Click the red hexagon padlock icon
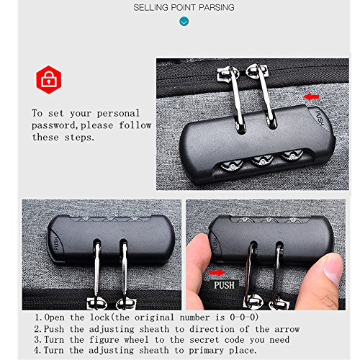point(49,80)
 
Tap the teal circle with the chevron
point(184,22)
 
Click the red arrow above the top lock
point(311,97)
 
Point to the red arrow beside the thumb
point(217,273)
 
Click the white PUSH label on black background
point(224,285)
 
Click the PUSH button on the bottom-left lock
point(55,243)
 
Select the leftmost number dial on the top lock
point(231,166)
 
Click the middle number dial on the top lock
point(262,160)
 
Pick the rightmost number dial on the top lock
point(292,155)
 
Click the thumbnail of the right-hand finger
point(333,268)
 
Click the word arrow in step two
point(287,329)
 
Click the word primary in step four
point(206,351)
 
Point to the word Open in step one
point(55,318)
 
